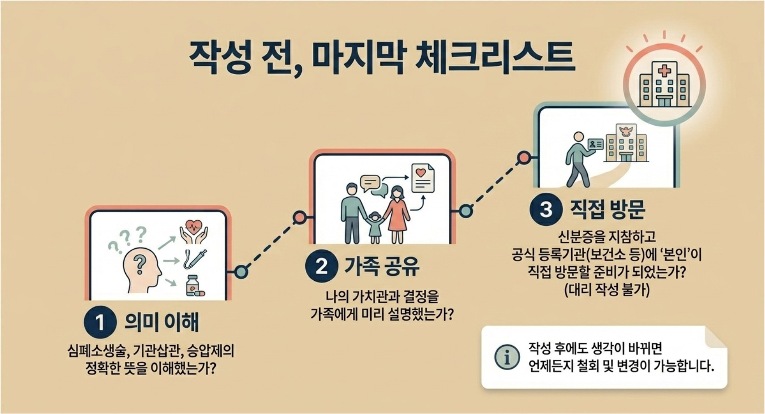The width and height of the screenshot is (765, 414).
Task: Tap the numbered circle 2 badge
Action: [x=321, y=266]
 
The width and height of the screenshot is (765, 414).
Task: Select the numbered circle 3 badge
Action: [x=546, y=209]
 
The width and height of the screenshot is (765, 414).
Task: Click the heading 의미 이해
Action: [x=162, y=322]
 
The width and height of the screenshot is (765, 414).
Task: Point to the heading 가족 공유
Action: [x=381, y=266]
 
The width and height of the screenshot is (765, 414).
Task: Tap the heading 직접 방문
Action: [x=607, y=209]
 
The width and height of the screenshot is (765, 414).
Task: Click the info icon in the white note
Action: [x=507, y=357]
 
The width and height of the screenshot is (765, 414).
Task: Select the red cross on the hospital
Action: [x=664, y=71]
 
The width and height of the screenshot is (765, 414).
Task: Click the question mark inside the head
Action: [x=140, y=265]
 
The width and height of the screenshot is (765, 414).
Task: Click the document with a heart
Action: [x=423, y=178]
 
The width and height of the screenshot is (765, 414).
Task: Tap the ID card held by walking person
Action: [x=595, y=144]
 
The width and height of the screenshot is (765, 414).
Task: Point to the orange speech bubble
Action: [x=370, y=183]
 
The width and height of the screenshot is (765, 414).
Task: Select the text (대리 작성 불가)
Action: [x=607, y=290]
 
